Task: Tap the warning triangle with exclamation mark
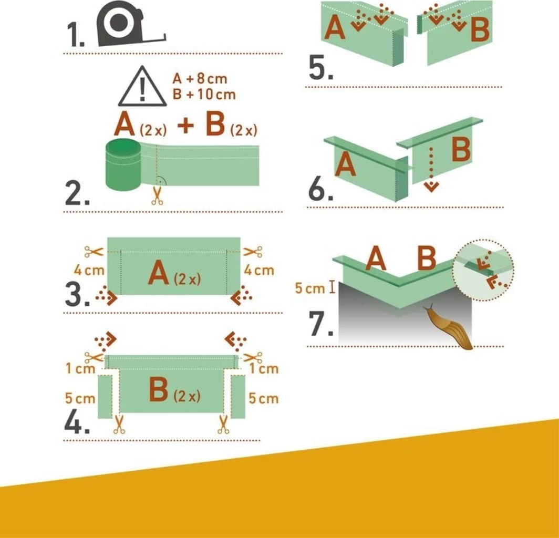(142, 87)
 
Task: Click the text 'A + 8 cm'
(200, 78)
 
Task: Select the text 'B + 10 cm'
(204, 94)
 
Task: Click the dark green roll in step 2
(123, 165)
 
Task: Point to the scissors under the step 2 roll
(157, 196)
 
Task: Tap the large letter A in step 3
(158, 273)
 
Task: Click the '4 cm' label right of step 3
(259, 270)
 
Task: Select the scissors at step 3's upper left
(94, 252)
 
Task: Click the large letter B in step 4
(158, 390)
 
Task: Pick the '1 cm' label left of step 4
(80, 368)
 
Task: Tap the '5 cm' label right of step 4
(263, 398)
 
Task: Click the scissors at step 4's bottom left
(119, 425)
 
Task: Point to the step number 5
(320, 68)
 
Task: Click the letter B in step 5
(480, 30)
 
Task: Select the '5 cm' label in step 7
(310, 288)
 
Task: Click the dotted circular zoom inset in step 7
(483, 270)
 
